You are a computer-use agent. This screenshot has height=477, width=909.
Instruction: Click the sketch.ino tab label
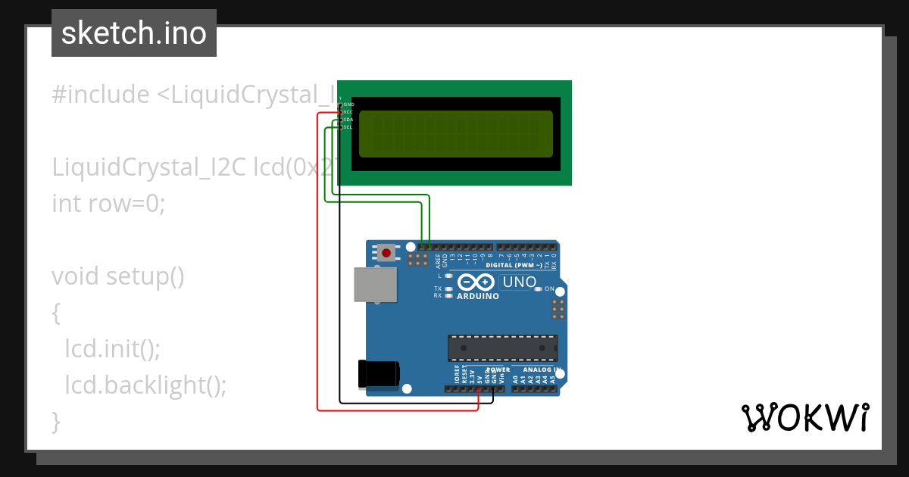[x=134, y=33]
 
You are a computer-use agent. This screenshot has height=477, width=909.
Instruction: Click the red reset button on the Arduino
[x=387, y=252]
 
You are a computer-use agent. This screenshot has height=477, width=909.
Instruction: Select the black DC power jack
[x=379, y=373]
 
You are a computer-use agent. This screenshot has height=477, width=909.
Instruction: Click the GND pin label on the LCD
[x=348, y=104]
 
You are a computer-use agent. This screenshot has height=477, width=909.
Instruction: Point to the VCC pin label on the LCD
[x=348, y=112]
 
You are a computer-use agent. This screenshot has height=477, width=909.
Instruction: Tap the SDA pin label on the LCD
[x=348, y=120]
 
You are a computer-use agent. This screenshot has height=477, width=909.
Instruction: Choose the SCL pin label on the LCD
[x=348, y=127]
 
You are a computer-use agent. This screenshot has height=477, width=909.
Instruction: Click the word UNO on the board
[x=520, y=282]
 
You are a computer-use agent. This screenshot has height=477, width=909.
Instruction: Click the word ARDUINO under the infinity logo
[x=478, y=296]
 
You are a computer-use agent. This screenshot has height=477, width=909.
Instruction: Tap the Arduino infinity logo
[x=477, y=282]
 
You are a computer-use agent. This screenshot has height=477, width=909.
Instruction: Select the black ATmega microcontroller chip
[x=502, y=348]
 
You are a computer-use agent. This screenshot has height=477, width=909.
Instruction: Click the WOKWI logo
[x=805, y=417]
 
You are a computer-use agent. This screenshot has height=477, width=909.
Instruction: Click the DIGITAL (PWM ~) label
[x=514, y=266]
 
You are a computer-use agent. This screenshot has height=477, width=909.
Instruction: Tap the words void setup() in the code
[x=118, y=276]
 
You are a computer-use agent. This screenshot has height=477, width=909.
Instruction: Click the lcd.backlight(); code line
[x=145, y=385]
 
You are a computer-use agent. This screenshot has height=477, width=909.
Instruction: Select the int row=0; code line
[x=108, y=204]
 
